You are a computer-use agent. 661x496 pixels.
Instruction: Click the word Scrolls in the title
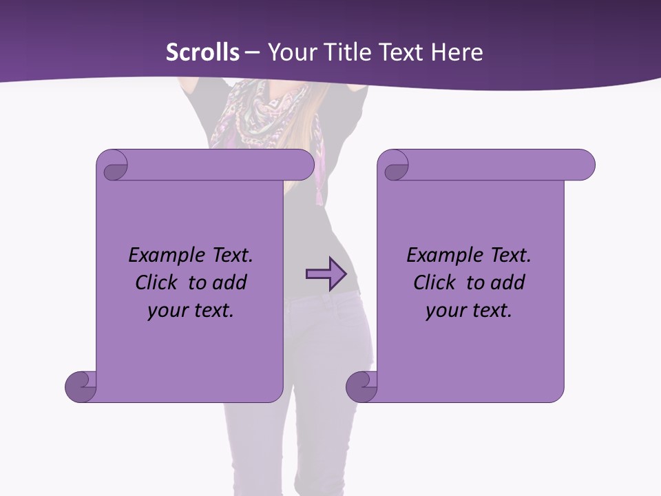tap(202, 52)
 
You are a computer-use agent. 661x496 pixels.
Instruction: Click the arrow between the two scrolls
tap(325, 274)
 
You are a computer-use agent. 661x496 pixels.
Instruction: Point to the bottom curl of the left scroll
tap(80, 386)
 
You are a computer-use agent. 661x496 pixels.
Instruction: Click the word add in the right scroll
tap(510, 282)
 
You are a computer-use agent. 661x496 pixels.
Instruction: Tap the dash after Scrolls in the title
tap(252, 52)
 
